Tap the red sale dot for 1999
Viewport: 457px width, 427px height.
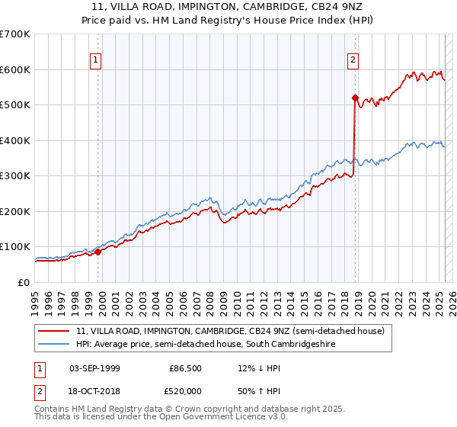click(x=97, y=252)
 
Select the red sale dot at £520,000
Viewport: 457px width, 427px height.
click(x=355, y=98)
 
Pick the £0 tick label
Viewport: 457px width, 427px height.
click(x=24, y=282)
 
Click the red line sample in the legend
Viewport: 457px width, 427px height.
click(x=53, y=331)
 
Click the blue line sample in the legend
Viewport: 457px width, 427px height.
click(x=53, y=344)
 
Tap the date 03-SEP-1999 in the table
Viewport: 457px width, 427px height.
click(x=94, y=368)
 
